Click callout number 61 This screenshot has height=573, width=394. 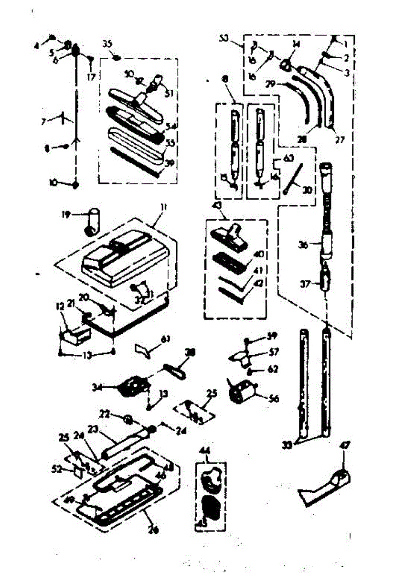click(165, 340)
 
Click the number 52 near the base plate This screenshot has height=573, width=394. click(58, 469)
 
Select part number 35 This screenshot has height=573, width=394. click(107, 44)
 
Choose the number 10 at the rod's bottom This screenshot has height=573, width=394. click(53, 182)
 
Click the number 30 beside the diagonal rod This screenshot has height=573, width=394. click(307, 190)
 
